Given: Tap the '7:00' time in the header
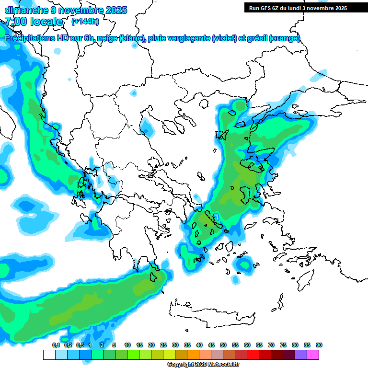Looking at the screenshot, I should point(17,22).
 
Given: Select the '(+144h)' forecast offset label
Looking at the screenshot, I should point(85,21).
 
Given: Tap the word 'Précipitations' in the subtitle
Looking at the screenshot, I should point(30,38).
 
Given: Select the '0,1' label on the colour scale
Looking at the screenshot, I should point(56,345).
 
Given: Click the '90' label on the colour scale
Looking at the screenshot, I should point(319,345).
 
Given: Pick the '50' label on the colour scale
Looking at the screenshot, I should point(223,345).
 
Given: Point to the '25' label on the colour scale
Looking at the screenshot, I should point(163,345).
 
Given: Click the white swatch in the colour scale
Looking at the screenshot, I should point(49,355).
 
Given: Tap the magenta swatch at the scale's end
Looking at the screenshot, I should point(313,355).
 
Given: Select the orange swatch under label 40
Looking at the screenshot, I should point(193,355).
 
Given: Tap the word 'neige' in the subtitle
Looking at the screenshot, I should point(107,38).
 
